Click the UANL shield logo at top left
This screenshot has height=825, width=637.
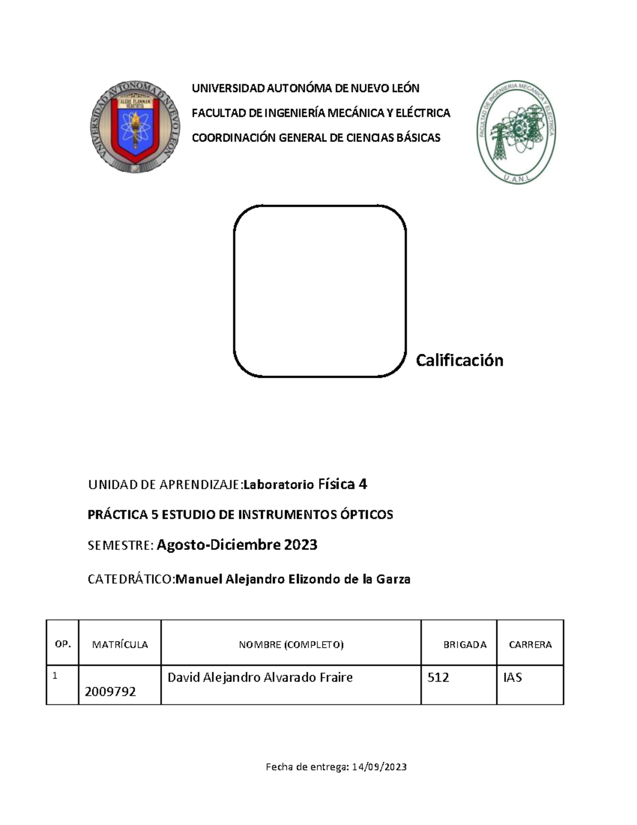click(135, 127)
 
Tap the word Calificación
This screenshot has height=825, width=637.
click(459, 360)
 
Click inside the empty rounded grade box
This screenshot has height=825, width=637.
click(320, 291)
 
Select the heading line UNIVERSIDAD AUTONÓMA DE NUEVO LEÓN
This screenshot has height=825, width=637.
click(305, 88)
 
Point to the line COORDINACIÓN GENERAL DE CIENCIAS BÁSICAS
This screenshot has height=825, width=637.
click(316, 138)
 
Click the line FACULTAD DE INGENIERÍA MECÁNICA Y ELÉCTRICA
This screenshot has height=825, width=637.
click(321, 113)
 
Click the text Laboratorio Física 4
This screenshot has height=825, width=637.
click(305, 484)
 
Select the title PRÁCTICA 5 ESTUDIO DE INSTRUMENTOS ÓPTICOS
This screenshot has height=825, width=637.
click(240, 514)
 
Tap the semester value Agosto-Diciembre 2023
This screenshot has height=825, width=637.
click(237, 545)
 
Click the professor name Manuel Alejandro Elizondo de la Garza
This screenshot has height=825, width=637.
click(292, 579)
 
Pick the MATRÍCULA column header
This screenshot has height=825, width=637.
click(120, 644)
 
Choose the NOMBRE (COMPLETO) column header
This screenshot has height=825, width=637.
click(291, 644)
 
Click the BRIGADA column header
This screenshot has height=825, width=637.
click(464, 644)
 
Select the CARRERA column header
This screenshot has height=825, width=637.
click(530, 644)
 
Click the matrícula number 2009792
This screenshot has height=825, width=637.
click(110, 691)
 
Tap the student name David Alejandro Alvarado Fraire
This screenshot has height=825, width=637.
click(260, 677)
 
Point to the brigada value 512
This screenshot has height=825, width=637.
click(438, 677)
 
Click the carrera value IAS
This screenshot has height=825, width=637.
click(512, 677)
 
